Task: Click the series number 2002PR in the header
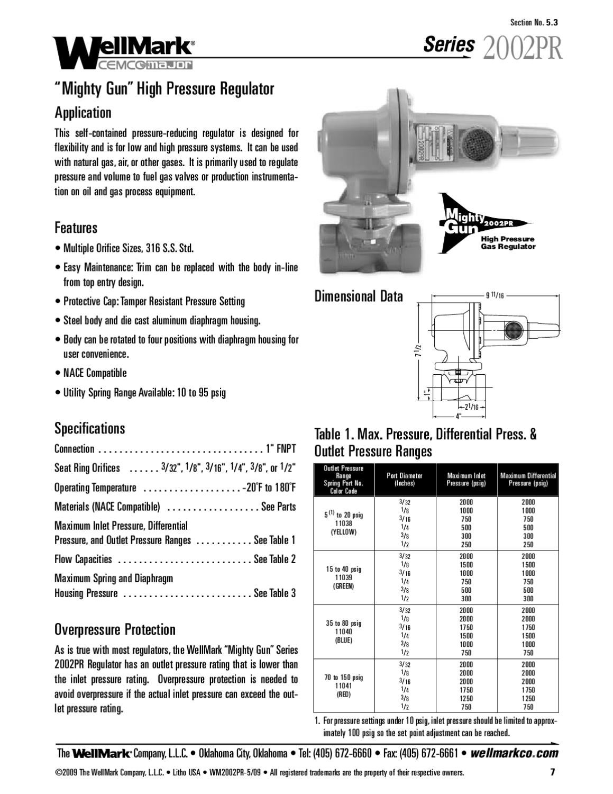[x=521, y=48]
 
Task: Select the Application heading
[x=83, y=113]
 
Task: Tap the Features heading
[x=76, y=228]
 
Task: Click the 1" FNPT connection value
[x=280, y=449]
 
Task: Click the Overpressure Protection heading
[x=115, y=629]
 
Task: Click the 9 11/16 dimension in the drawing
[x=495, y=295]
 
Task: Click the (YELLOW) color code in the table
[x=343, y=532]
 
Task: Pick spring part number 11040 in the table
[x=343, y=631]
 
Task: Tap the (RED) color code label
[x=343, y=694]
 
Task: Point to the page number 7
[x=552, y=772]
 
